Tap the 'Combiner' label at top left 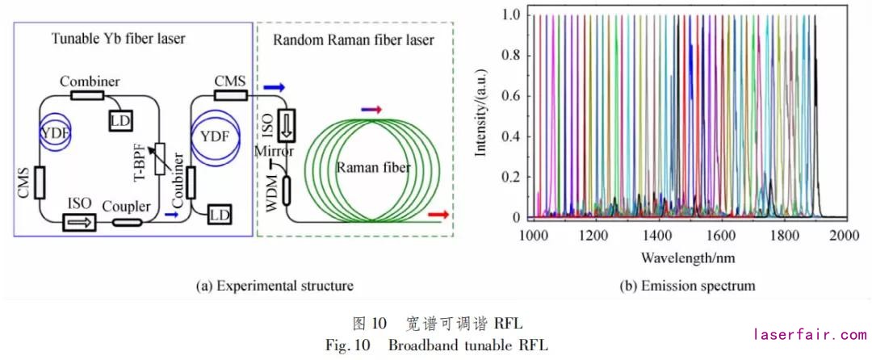[x=90, y=82]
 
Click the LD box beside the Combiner [x=120, y=119]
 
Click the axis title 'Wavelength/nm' [x=687, y=258]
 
